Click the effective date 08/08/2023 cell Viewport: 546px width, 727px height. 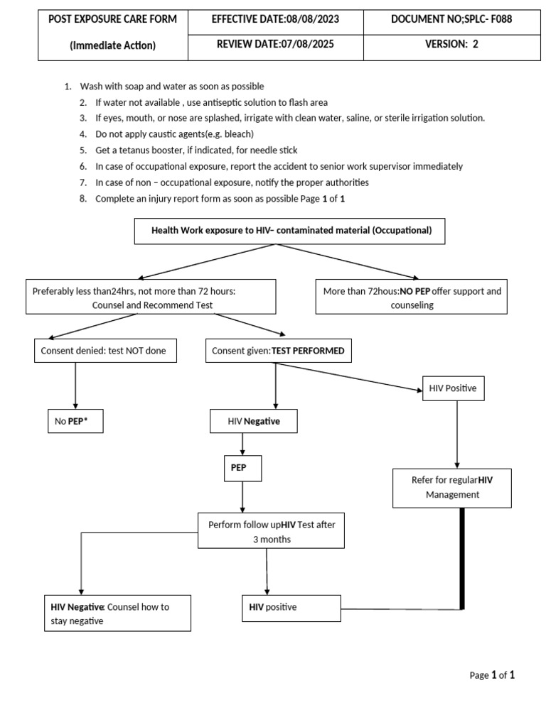[275, 22]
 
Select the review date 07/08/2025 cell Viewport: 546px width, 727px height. [275, 48]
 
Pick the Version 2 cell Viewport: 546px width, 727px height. [451, 48]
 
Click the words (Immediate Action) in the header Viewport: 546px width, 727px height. [113, 45]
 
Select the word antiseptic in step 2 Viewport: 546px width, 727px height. [230, 102]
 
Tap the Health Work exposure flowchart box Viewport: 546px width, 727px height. [290, 231]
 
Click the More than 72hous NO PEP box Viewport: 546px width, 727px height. [412, 297]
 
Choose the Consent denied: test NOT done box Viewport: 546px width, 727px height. [105, 351]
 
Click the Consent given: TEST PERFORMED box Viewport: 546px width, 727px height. [279, 351]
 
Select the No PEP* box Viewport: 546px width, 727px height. [75, 421]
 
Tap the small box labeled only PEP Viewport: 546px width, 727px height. [243, 469]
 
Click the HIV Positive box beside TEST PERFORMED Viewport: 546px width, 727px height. [454, 388]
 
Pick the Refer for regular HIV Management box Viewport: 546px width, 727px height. [452, 488]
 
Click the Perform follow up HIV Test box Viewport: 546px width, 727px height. [271, 530]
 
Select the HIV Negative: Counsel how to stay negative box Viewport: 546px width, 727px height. [117, 613]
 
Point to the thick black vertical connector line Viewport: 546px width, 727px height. [462, 559]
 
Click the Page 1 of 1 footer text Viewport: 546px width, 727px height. [492, 675]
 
